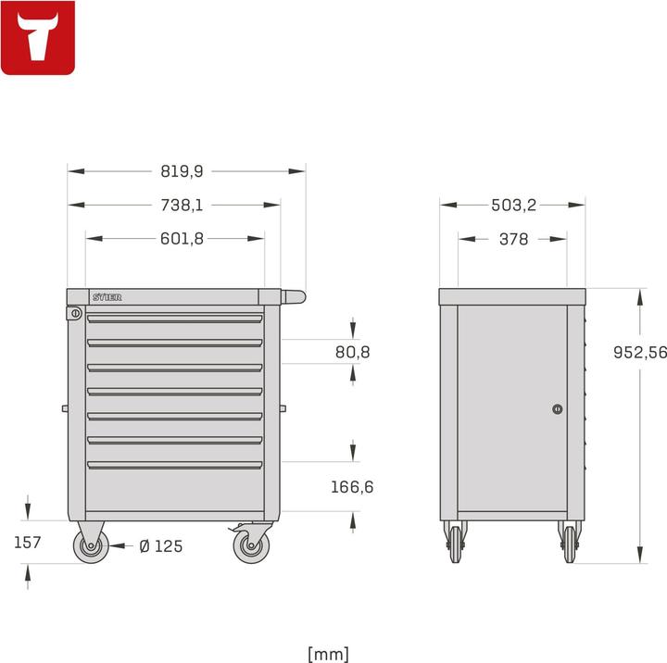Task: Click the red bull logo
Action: tap(38, 38)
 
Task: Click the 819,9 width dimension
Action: tap(182, 171)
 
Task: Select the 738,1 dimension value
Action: tap(182, 206)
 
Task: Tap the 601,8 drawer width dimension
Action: tap(182, 239)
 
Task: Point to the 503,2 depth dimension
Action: tap(513, 206)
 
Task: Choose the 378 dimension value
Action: tap(513, 239)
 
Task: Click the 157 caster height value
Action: tap(28, 543)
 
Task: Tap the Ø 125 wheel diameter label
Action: tap(160, 546)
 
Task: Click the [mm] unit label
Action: tap(328, 654)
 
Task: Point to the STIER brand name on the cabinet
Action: tap(107, 297)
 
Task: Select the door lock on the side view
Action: tap(557, 408)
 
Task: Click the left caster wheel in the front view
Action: tap(91, 546)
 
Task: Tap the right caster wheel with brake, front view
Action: tap(250, 545)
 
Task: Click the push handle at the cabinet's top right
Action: tap(293, 297)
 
